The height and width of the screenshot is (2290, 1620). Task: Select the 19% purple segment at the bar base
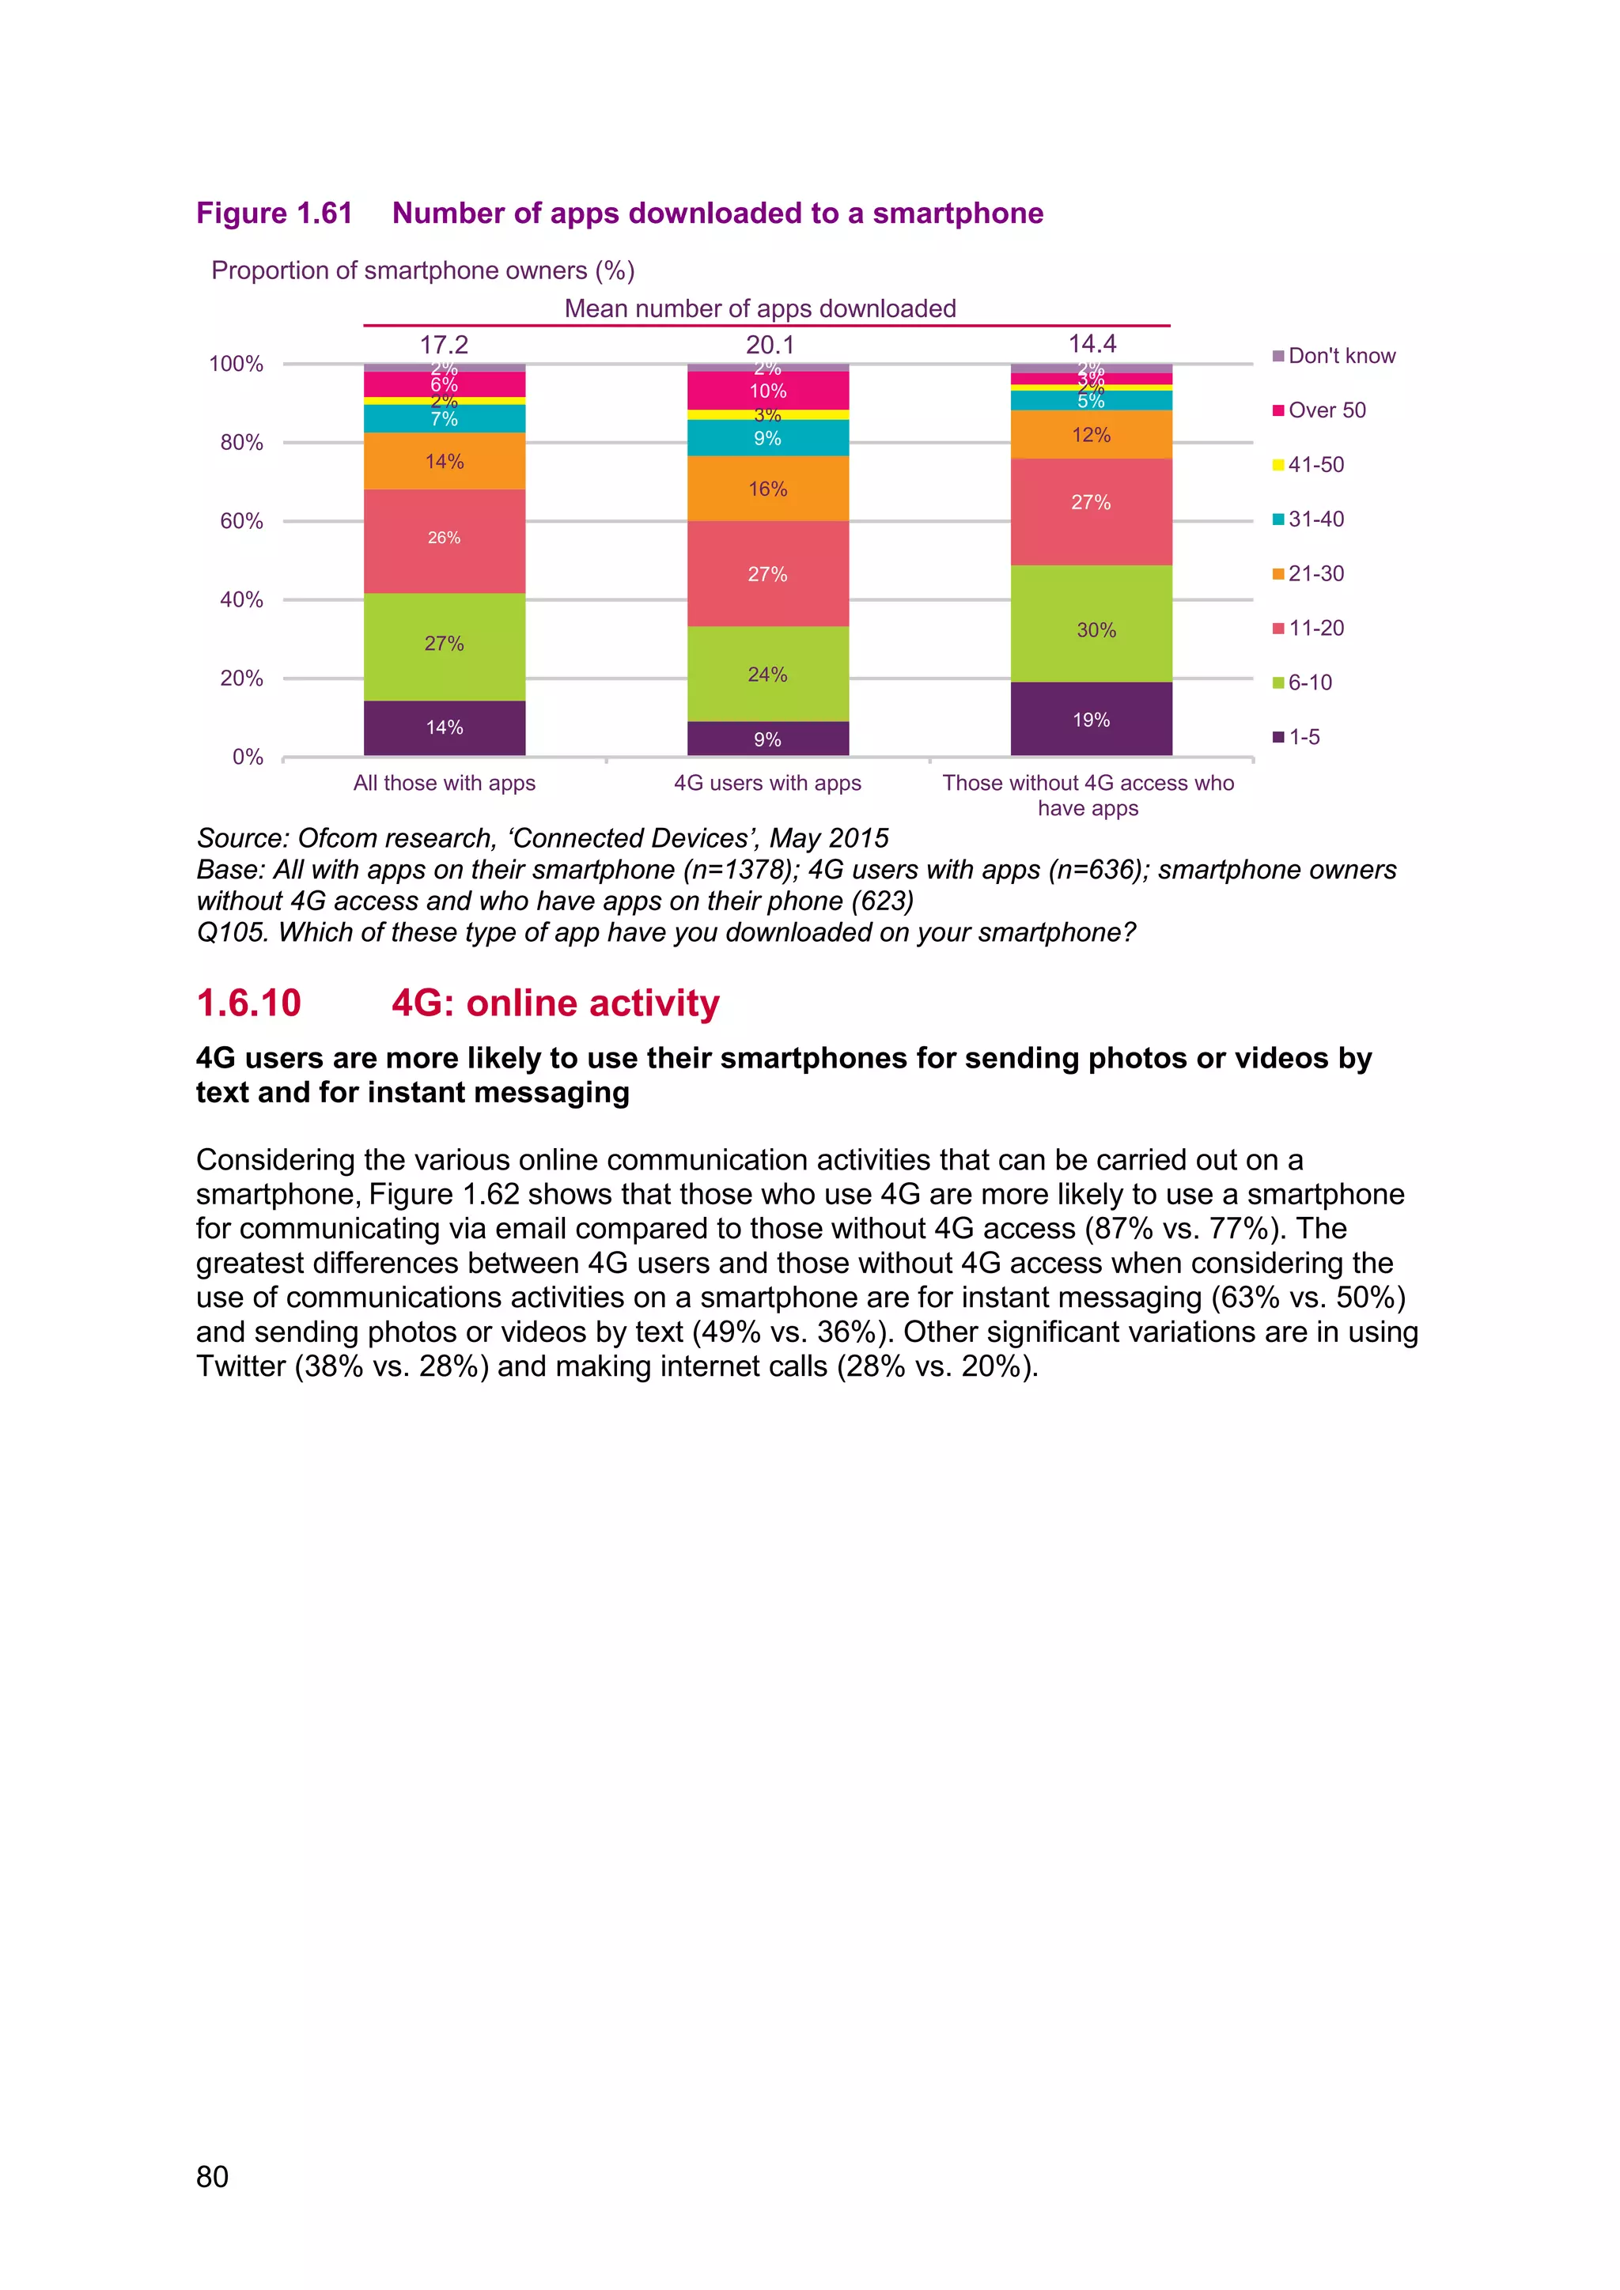click(x=1092, y=719)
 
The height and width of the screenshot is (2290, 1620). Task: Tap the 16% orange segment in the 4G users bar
click(x=767, y=489)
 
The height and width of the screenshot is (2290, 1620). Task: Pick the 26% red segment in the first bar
click(x=444, y=539)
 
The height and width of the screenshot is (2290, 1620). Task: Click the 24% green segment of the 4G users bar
click(x=767, y=675)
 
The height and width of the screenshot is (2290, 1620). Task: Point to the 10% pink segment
click(x=767, y=390)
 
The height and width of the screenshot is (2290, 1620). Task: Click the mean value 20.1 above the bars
click(x=769, y=345)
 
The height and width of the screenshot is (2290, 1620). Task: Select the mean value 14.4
click(x=1092, y=344)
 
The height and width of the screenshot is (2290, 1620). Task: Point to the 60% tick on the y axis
click(x=241, y=520)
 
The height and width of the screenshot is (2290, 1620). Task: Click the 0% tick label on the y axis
click(x=248, y=757)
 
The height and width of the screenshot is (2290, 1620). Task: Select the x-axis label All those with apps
click(x=444, y=783)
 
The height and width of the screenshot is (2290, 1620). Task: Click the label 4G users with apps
click(x=767, y=783)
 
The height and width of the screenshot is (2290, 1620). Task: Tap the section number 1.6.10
click(x=248, y=1003)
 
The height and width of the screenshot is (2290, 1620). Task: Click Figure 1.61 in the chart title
click(x=274, y=214)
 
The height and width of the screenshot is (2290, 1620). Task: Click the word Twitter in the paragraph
click(x=240, y=1366)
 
